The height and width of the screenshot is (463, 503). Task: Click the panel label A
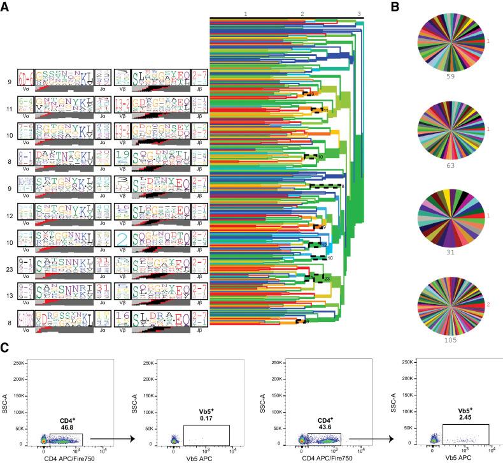pos(6,7)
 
